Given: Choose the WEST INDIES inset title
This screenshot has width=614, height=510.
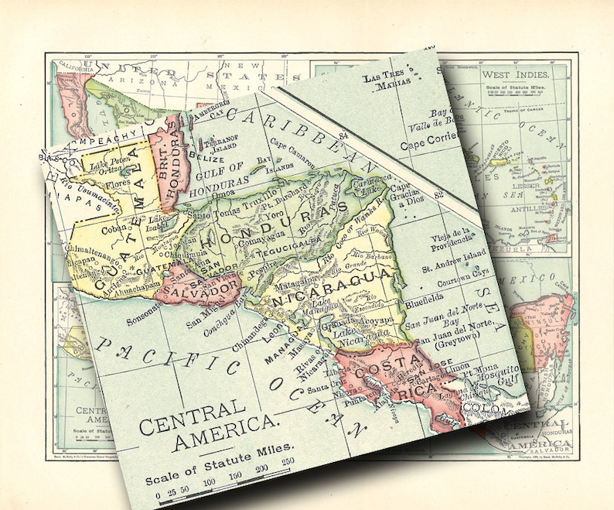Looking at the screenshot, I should (x=516, y=74).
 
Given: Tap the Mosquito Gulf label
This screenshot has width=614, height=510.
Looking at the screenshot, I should (x=493, y=375).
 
